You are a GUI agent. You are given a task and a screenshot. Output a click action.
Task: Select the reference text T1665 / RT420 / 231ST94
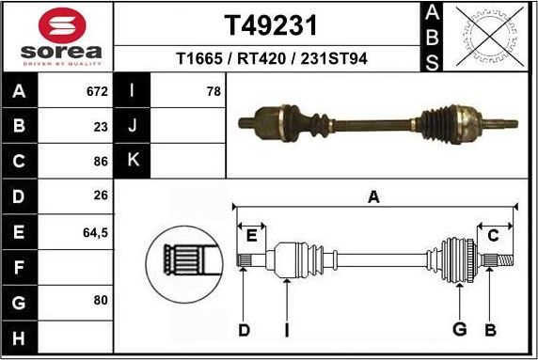[x=271, y=59]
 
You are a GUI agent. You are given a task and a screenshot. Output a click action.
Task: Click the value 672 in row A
[x=97, y=92]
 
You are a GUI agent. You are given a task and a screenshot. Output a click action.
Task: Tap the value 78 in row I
[x=213, y=92]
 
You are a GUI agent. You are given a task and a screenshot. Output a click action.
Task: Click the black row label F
[x=20, y=266]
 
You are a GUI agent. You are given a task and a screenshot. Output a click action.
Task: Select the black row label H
[x=20, y=336]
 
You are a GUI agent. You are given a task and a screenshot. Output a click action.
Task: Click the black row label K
[x=133, y=161]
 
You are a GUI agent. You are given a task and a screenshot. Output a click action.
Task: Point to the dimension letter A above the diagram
[x=373, y=197]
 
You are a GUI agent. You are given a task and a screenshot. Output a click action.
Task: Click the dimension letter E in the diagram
[x=250, y=235]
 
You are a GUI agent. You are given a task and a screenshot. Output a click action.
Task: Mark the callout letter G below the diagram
[x=459, y=329]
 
